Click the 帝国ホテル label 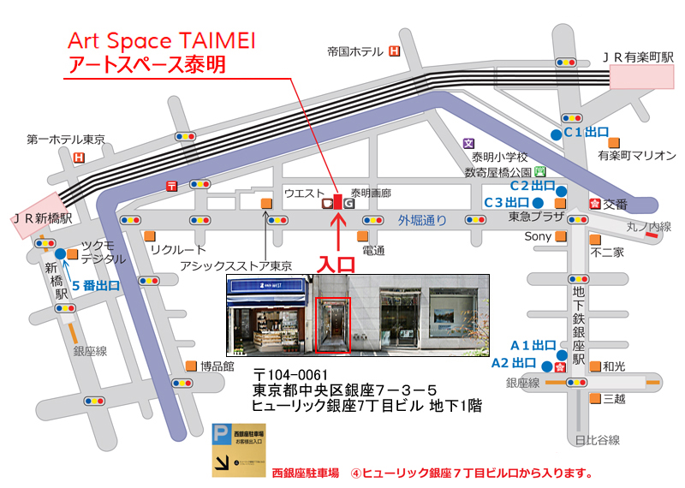pos(354,52)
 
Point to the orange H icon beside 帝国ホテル pos(395,51)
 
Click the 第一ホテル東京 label pos(66,140)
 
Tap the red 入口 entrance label pos(337,264)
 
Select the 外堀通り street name pos(421,220)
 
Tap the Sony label pos(538,236)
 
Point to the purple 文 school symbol pos(468,144)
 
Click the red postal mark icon pos(172,186)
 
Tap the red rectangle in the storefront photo pos(332,324)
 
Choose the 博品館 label pos(217,366)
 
